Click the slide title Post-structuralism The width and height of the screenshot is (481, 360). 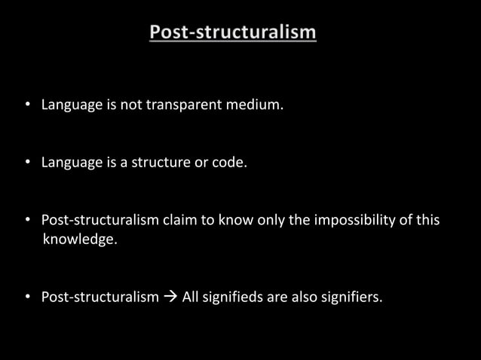pyautogui.click(x=233, y=32)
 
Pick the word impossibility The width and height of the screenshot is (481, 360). pyautogui.click(x=366, y=220)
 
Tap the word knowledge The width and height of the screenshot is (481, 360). pyautogui.click(x=80, y=242)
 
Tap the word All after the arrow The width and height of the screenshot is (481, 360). pyautogui.click(x=192, y=297)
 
